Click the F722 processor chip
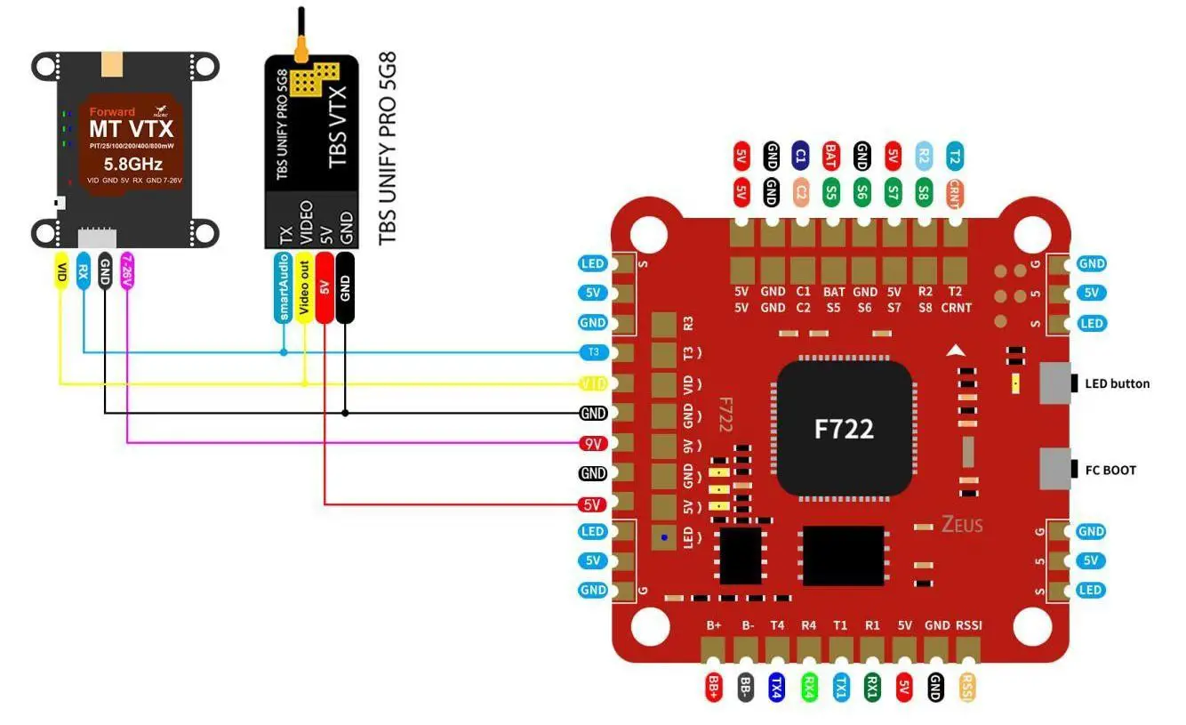click(x=845, y=428)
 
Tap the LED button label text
click(x=1117, y=384)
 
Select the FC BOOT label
click(x=1109, y=470)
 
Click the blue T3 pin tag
click(x=592, y=352)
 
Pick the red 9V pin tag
click(x=592, y=442)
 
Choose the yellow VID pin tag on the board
click(x=592, y=383)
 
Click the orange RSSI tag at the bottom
click(x=967, y=686)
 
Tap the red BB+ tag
click(x=713, y=686)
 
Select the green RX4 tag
click(x=809, y=686)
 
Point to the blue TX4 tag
click(x=776, y=686)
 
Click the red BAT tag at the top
click(x=830, y=157)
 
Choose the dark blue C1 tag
click(x=800, y=157)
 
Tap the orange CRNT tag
click(x=954, y=192)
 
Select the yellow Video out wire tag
click(x=304, y=287)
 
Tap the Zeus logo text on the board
click(x=963, y=525)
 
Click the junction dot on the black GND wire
click(x=346, y=413)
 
